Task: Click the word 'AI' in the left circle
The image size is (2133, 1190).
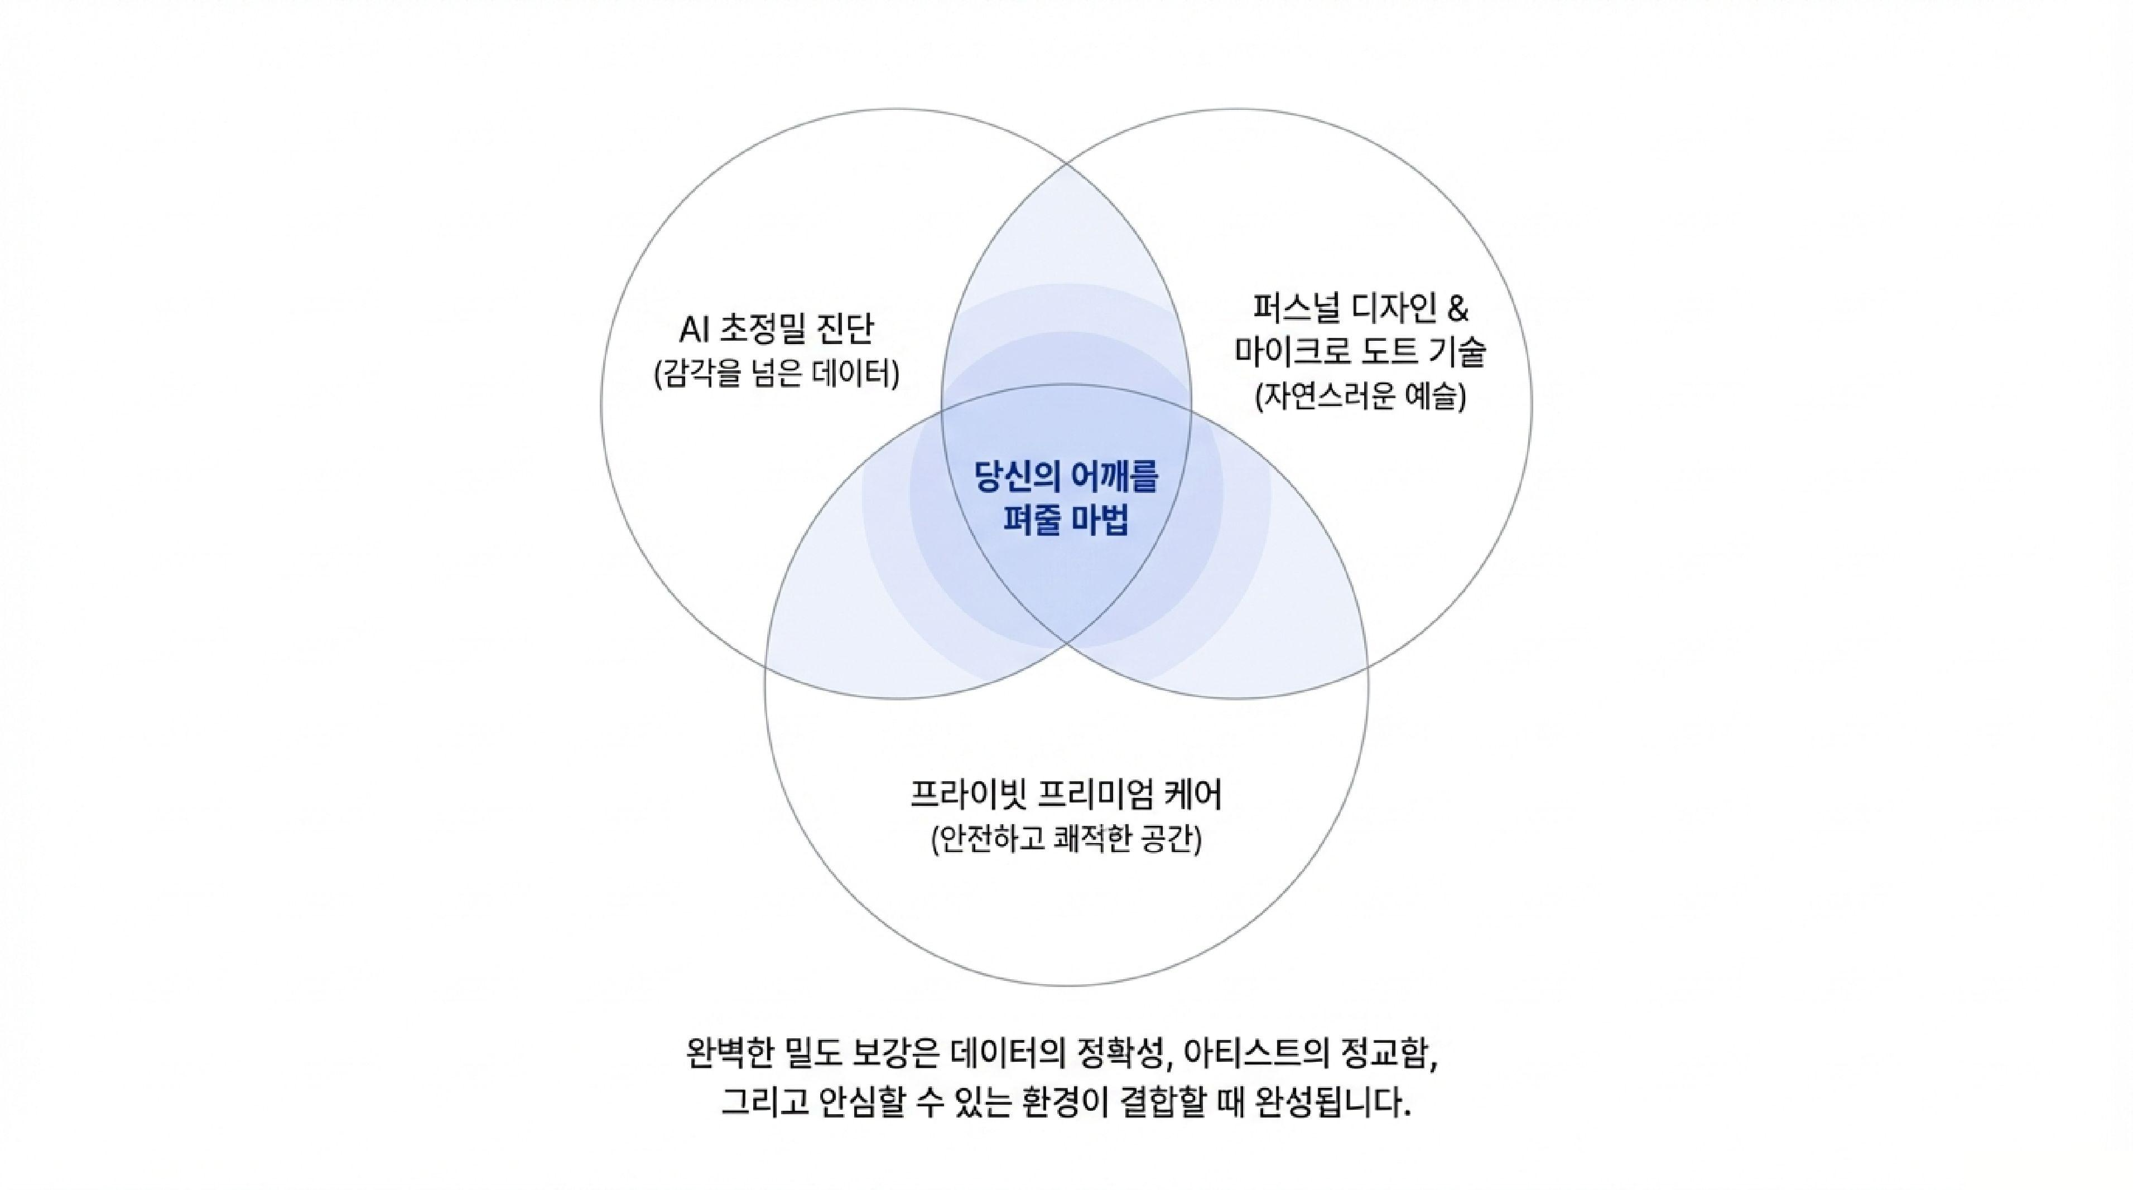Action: [694, 330]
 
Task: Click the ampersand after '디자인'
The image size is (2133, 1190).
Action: [1457, 309]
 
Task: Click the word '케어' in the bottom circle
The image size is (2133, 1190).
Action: [1192, 795]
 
